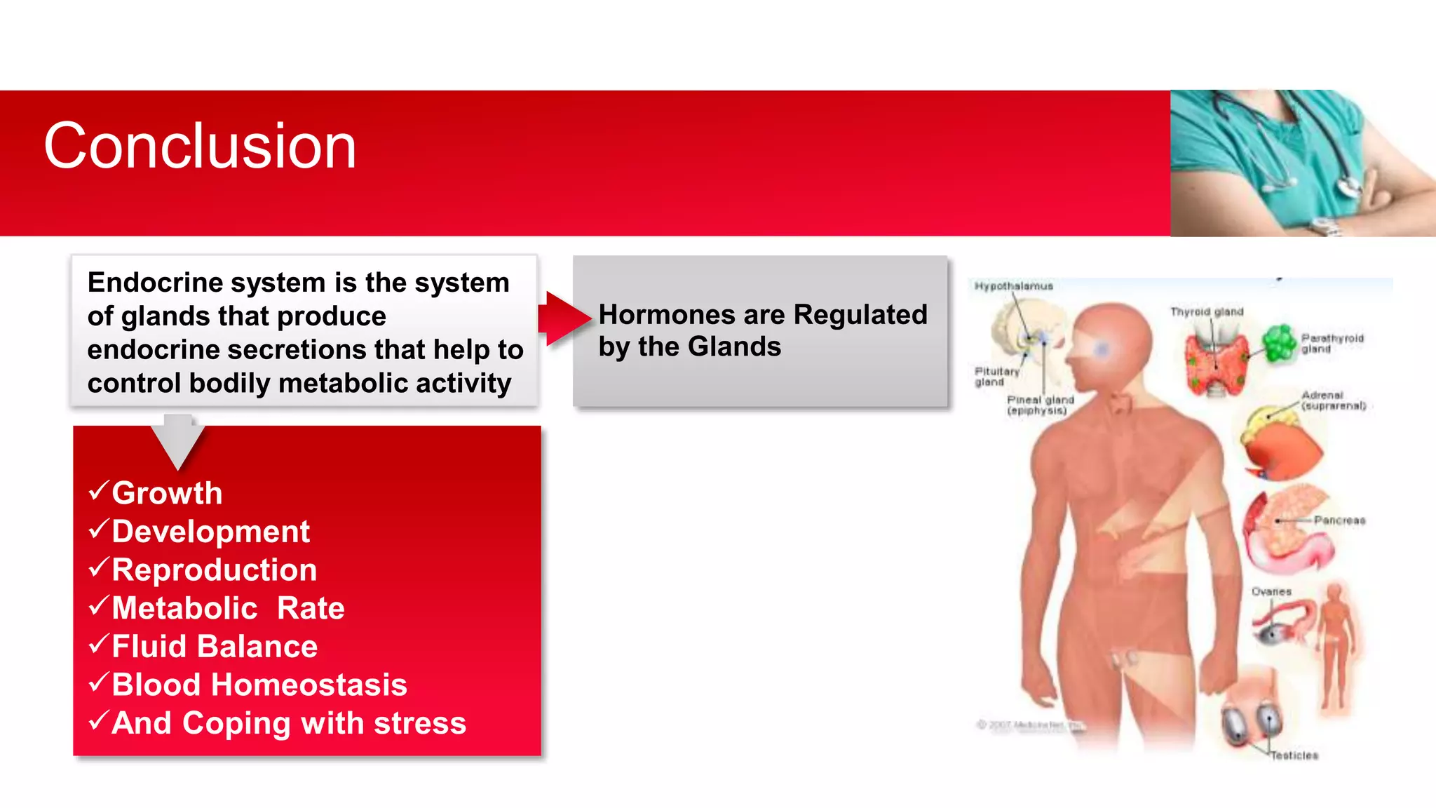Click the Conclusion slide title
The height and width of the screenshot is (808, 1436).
point(200,146)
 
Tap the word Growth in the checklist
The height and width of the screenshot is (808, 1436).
point(167,493)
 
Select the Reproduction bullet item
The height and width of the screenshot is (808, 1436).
point(214,570)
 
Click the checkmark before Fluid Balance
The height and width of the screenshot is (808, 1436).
point(99,643)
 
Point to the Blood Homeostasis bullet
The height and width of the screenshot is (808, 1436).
point(259,685)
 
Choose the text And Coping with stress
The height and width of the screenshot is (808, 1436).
point(288,723)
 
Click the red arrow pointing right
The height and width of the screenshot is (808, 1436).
point(565,319)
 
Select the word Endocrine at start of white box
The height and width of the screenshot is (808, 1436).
point(154,283)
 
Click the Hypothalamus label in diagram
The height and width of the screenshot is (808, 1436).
point(1013,286)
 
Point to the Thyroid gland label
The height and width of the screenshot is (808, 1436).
point(1206,311)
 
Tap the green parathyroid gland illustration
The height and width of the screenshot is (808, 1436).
point(1280,343)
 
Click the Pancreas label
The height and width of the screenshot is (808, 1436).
point(1339,520)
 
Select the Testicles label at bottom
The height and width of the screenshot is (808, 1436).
point(1294,755)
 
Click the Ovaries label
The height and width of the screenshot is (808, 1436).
point(1271,592)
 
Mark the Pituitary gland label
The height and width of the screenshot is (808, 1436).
point(996,376)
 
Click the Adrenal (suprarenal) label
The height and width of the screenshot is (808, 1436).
point(1333,400)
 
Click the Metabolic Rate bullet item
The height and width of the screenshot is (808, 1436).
point(228,608)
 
